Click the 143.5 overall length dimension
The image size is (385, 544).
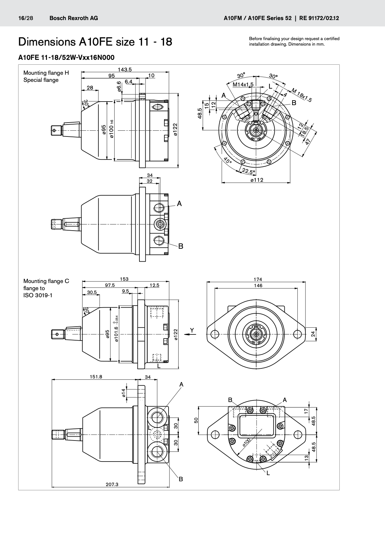coord(125,70)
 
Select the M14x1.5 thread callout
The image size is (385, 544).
coord(243,84)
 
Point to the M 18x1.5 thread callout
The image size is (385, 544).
coord(302,95)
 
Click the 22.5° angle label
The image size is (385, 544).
coord(248,171)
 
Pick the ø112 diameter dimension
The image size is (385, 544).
coord(257,180)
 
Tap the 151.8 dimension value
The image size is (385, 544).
coord(96,377)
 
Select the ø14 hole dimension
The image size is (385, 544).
coord(124,393)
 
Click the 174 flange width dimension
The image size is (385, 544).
coord(258,279)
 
